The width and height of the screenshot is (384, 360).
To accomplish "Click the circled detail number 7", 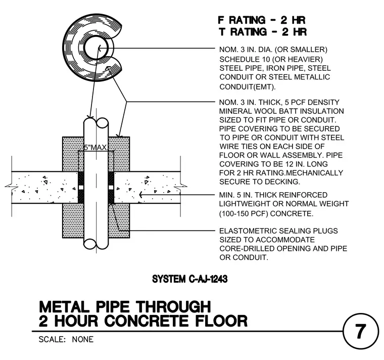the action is pyautogui.click(x=360, y=331).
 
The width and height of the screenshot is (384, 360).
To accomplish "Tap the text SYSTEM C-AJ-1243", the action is pyautogui.click(x=190, y=279).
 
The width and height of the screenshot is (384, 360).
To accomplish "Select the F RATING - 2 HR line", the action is pyautogui.click(x=262, y=20).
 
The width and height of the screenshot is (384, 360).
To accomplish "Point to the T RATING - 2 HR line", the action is pyautogui.click(x=263, y=32).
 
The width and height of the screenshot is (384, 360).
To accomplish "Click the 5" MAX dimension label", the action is pyautogui.click(x=95, y=147).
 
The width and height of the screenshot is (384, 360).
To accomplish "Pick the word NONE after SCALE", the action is pyautogui.click(x=83, y=339).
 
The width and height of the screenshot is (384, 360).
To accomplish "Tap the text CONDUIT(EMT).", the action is pyautogui.click(x=248, y=87).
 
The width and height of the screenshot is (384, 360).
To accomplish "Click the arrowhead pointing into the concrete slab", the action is pyautogui.click(x=141, y=195).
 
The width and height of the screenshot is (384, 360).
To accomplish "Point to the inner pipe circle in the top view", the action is pyautogui.click(x=96, y=48).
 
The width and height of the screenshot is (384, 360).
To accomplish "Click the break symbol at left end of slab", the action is pyautogui.click(x=9, y=187).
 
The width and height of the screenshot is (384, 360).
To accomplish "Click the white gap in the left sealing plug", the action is pyautogui.click(x=81, y=188).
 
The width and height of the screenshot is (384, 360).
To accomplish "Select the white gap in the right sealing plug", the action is pyautogui.click(x=111, y=188).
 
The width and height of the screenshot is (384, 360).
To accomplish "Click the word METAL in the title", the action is pyautogui.click(x=64, y=307).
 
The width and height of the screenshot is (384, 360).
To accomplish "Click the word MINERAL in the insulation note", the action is pyautogui.click(x=235, y=111).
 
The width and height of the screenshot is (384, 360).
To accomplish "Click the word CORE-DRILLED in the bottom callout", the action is pyautogui.click(x=247, y=248).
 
